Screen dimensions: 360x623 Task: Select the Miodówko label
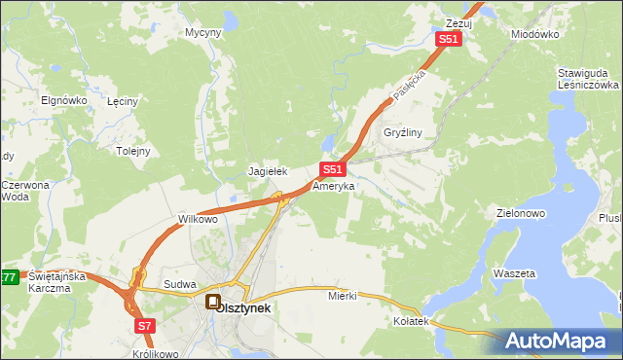534,33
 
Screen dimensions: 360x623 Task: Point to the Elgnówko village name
65,100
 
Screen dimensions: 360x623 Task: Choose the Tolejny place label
133,151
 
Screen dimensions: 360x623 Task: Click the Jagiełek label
267,171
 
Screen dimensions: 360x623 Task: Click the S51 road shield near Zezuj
447,38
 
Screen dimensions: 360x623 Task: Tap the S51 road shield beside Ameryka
332,168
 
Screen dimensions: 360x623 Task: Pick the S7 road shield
144,325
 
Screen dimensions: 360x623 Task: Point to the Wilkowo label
197,219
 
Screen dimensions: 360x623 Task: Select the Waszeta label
515,274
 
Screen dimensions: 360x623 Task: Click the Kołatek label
411,321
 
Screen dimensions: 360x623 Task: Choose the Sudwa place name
180,284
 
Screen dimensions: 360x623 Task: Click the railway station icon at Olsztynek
212,303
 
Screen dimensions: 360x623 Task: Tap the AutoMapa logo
560,341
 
